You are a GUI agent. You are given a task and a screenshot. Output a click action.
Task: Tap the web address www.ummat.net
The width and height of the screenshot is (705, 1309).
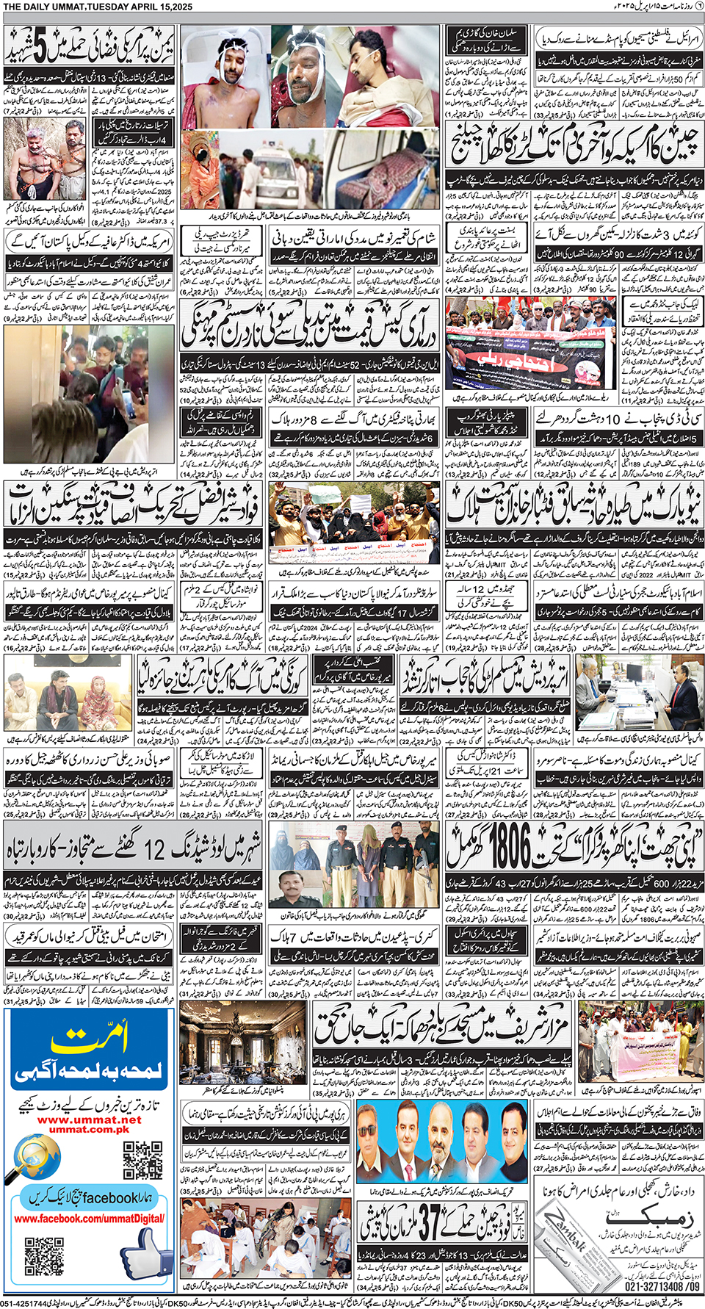coord(89,1119)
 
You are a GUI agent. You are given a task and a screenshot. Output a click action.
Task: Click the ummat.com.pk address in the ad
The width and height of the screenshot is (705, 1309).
coord(89,1130)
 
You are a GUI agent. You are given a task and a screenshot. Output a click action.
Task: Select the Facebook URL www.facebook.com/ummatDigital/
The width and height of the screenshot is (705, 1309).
coord(89,1219)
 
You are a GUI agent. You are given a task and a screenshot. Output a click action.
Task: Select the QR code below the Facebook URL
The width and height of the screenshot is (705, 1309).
coord(44,1256)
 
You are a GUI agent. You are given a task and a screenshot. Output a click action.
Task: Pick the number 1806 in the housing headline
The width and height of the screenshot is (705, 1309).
coord(507,846)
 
